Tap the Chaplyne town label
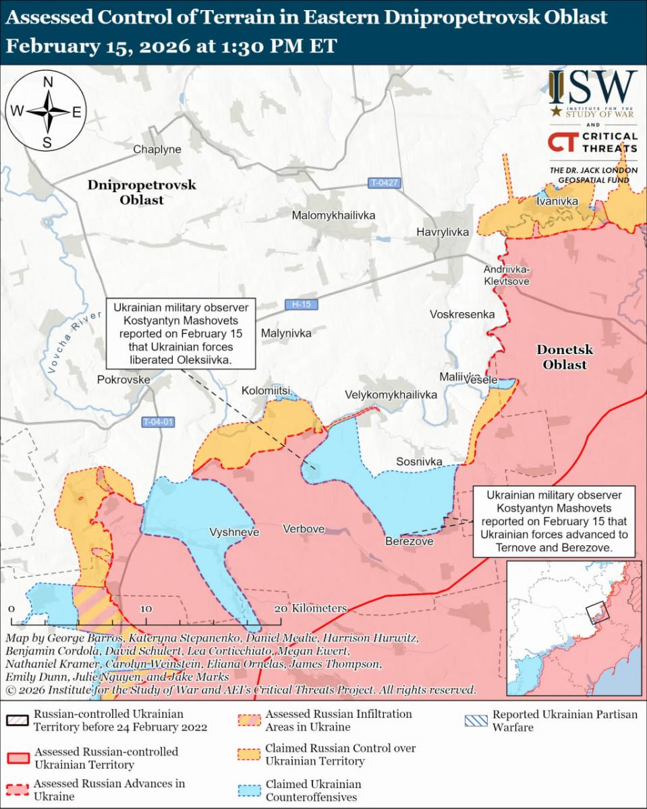(x=157, y=150)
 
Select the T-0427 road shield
(x=384, y=183)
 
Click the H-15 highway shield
(x=301, y=305)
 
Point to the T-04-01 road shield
(x=159, y=422)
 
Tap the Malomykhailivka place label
(x=333, y=215)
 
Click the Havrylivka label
(x=442, y=232)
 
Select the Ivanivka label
(x=557, y=201)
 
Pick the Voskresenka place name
(x=462, y=314)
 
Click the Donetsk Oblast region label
(x=565, y=357)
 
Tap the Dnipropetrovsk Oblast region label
(x=142, y=192)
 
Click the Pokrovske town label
(x=123, y=380)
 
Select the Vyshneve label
(x=234, y=531)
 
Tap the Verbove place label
(x=304, y=529)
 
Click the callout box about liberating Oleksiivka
(x=181, y=333)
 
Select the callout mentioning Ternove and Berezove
(x=554, y=522)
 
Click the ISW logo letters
(x=592, y=87)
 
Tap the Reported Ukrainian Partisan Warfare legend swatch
(x=476, y=720)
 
